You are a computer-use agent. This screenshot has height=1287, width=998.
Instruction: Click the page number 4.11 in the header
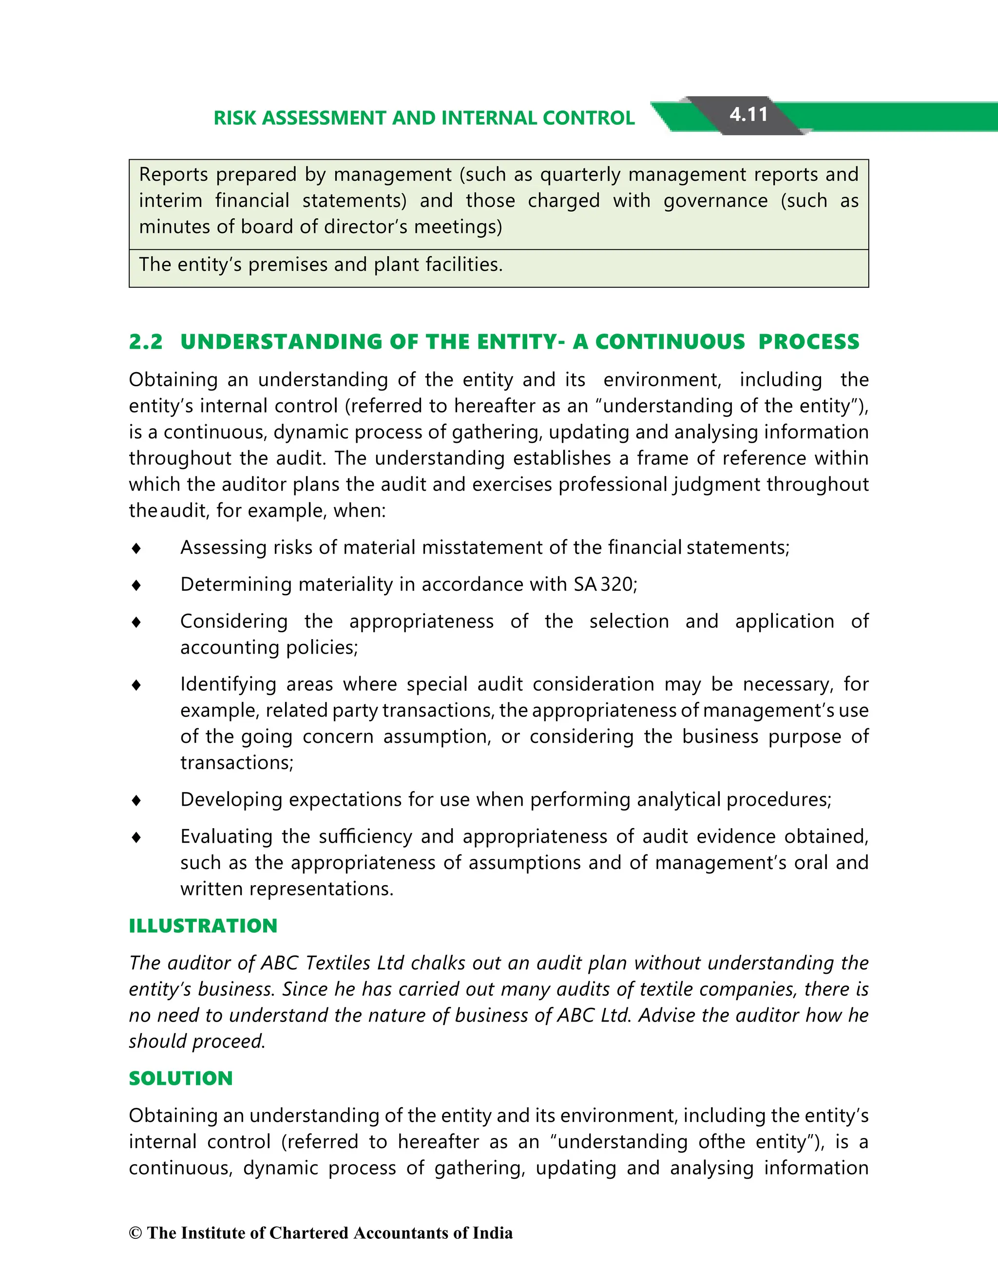click(748, 114)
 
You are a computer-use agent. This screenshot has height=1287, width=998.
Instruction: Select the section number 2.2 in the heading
click(146, 342)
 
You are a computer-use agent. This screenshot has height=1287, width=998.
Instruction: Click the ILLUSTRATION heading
click(203, 926)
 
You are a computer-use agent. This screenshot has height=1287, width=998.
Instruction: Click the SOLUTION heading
click(181, 1079)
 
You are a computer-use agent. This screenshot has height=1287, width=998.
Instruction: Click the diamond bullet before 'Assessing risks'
click(136, 549)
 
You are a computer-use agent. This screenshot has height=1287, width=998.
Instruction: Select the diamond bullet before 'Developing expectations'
click(136, 800)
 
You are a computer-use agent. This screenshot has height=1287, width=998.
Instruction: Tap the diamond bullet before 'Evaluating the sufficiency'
click(136, 837)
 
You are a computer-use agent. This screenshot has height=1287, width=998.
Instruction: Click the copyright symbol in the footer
click(135, 1233)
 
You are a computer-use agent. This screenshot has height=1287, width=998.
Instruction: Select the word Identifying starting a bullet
click(228, 684)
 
